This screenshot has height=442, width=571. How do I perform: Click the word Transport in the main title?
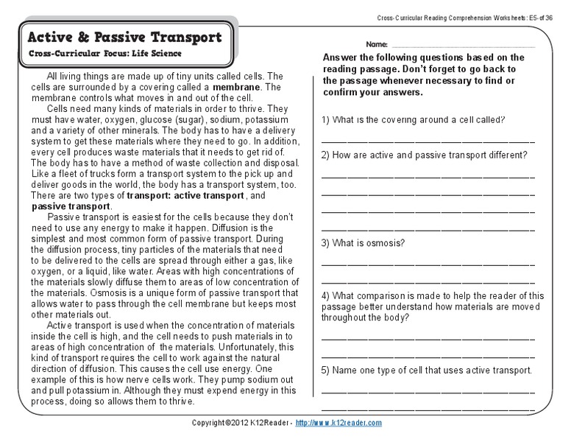(179, 36)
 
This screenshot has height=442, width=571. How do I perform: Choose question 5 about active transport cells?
(426, 370)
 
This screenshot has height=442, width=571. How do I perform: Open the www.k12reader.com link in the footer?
(339, 423)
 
